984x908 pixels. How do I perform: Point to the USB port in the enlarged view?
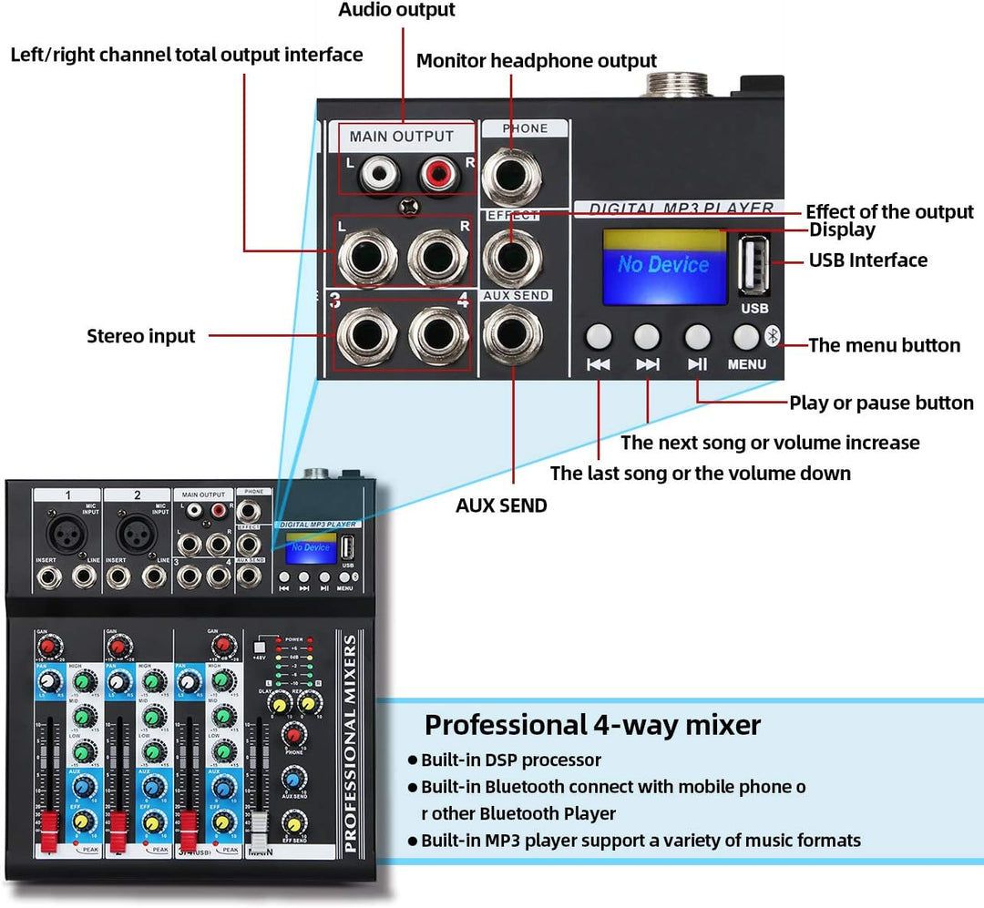pos(753,265)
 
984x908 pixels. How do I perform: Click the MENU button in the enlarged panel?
pos(746,337)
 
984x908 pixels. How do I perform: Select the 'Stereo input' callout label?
pos(140,336)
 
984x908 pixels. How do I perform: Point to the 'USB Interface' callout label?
pos(867,260)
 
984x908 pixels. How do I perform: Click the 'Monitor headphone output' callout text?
pos(536,61)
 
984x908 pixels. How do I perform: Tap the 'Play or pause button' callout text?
pos(880,403)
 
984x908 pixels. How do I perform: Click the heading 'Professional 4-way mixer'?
pos(592,725)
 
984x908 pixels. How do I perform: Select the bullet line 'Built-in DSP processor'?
pos(510,760)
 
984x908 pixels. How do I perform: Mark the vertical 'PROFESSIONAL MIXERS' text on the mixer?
pos(351,744)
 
